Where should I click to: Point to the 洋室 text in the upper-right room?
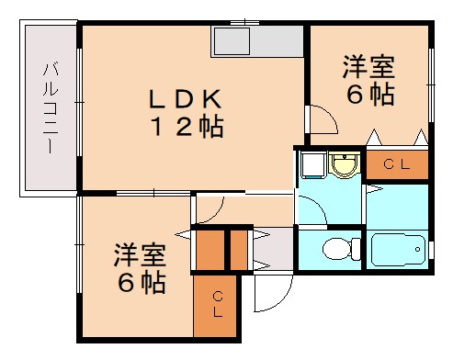tap(369, 67)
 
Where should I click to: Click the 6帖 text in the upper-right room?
tap(369, 94)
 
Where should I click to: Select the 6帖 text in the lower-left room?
tap(141, 283)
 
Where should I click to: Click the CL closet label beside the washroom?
tap(397, 164)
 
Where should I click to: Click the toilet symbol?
tap(338, 248)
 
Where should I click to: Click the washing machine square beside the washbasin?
tap(311, 164)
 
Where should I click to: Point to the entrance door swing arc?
tap(268, 295)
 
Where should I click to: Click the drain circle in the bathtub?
tap(420, 248)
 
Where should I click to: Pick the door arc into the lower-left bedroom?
tap(206, 211)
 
